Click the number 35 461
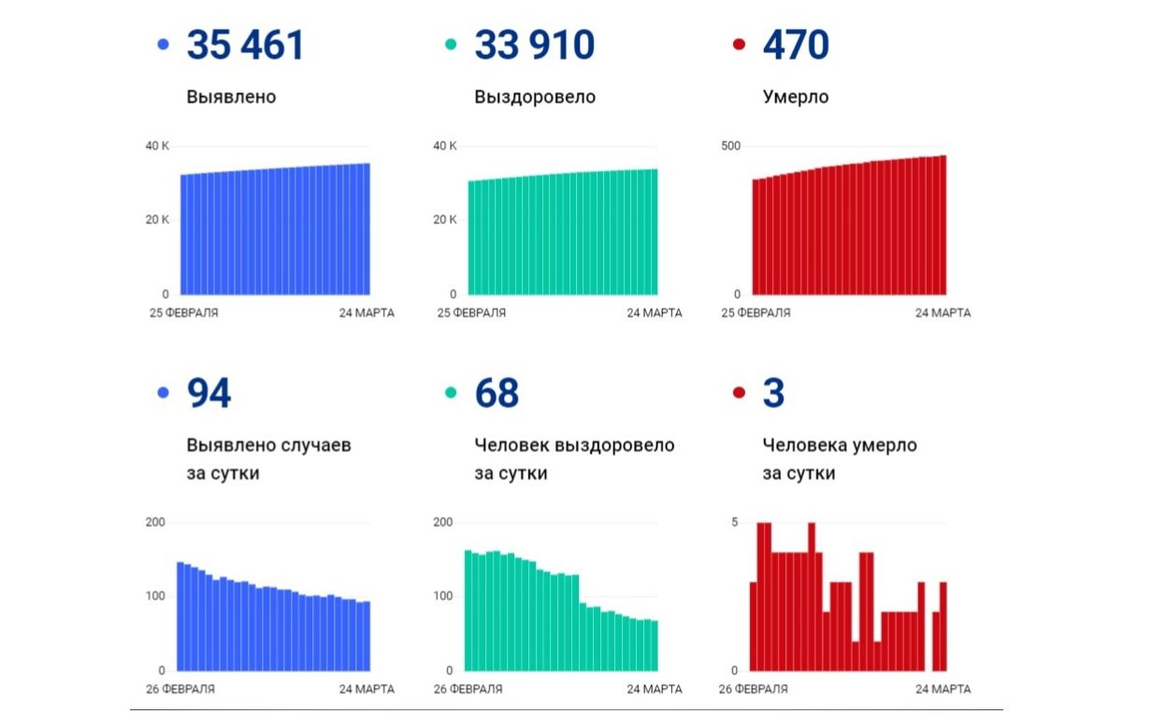(x=246, y=45)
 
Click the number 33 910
(x=534, y=45)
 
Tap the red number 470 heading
(x=795, y=45)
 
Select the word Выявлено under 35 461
(x=231, y=97)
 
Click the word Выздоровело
(x=534, y=97)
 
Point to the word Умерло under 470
(x=795, y=97)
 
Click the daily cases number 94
(x=209, y=394)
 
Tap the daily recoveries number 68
(x=496, y=394)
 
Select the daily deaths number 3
(x=773, y=394)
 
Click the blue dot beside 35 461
(x=164, y=45)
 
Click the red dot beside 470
(x=739, y=45)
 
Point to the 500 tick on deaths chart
(x=729, y=147)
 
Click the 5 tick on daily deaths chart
(x=734, y=521)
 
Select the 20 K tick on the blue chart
(x=157, y=220)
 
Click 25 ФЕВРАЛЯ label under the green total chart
(x=471, y=313)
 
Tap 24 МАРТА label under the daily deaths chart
(x=943, y=690)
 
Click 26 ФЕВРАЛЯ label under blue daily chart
(x=180, y=690)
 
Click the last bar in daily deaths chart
(x=943, y=626)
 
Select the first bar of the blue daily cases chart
(x=180, y=617)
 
